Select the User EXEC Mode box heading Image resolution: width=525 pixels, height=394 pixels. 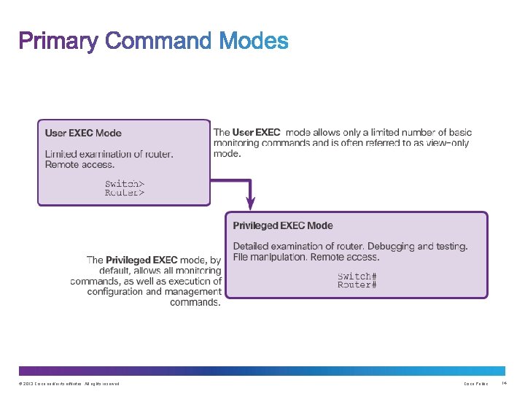(83, 133)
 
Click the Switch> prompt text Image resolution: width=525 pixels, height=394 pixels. (125, 184)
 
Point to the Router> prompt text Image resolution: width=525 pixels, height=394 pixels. (125, 193)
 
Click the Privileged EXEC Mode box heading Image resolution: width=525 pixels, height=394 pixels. (282, 225)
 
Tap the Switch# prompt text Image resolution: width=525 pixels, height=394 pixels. (357, 275)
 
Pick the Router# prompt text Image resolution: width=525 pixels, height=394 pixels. (357, 285)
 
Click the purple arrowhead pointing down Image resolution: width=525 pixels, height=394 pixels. (250, 202)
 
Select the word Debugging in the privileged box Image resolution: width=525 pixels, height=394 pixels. (394, 247)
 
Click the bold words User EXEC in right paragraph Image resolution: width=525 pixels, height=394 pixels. (256, 133)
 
